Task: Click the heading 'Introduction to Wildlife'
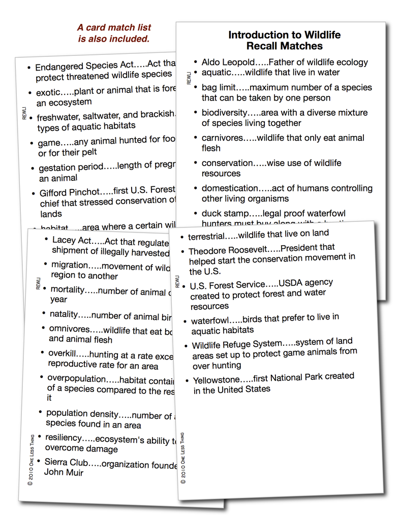pyautogui.click(x=284, y=35)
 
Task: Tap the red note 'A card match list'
pyautogui.click(x=114, y=27)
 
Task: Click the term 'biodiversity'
pyautogui.click(x=224, y=113)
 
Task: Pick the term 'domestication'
pyautogui.click(x=230, y=188)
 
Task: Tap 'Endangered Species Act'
pyautogui.click(x=84, y=66)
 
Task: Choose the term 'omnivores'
pyautogui.click(x=69, y=329)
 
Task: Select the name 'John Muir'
pyautogui.click(x=64, y=472)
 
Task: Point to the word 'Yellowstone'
pyautogui.click(x=215, y=379)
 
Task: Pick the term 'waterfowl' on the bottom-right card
pyautogui.click(x=210, y=320)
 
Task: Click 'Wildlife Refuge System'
pyautogui.click(x=236, y=345)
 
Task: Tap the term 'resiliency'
pyautogui.click(x=63, y=438)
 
